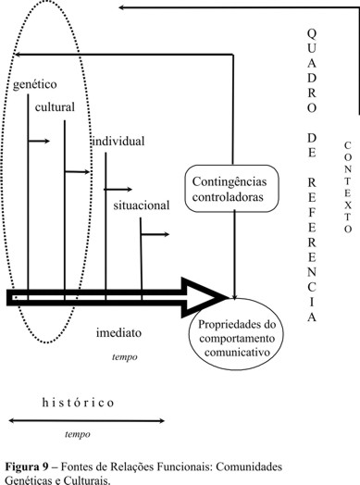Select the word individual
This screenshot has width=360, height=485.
tap(118, 141)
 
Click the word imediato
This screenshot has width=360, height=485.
tap(118, 330)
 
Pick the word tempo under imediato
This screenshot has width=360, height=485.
tap(125, 354)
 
